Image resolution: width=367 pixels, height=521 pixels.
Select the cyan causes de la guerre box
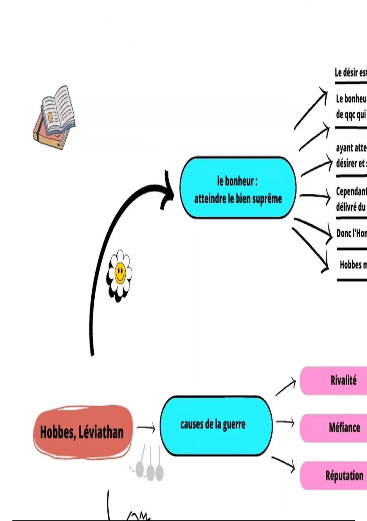pyautogui.click(x=216, y=425)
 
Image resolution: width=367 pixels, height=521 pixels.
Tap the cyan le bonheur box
pyautogui.click(x=238, y=188)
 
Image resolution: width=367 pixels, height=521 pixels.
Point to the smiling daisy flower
pyautogui.click(x=120, y=276)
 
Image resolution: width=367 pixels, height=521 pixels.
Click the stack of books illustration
pyautogui.click(x=54, y=118)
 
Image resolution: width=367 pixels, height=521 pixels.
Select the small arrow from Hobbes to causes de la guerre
pyautogui.click(x=146, y=428)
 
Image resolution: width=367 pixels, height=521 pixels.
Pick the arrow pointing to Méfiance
pyautogui.click(x=285, y=423)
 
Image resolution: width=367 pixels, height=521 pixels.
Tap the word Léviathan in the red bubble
pyautogui.click(x=101, y=432)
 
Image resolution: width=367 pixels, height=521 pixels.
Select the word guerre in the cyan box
pyautogui.click(x=234, y=425)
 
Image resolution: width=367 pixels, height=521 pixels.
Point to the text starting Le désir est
pyautogui.click(x=350, y=73)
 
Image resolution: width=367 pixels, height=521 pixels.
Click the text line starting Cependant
pyautogui.click(x=351, y=192)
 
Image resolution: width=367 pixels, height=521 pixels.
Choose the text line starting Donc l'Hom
pyautogui.click(x=351, y=234)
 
